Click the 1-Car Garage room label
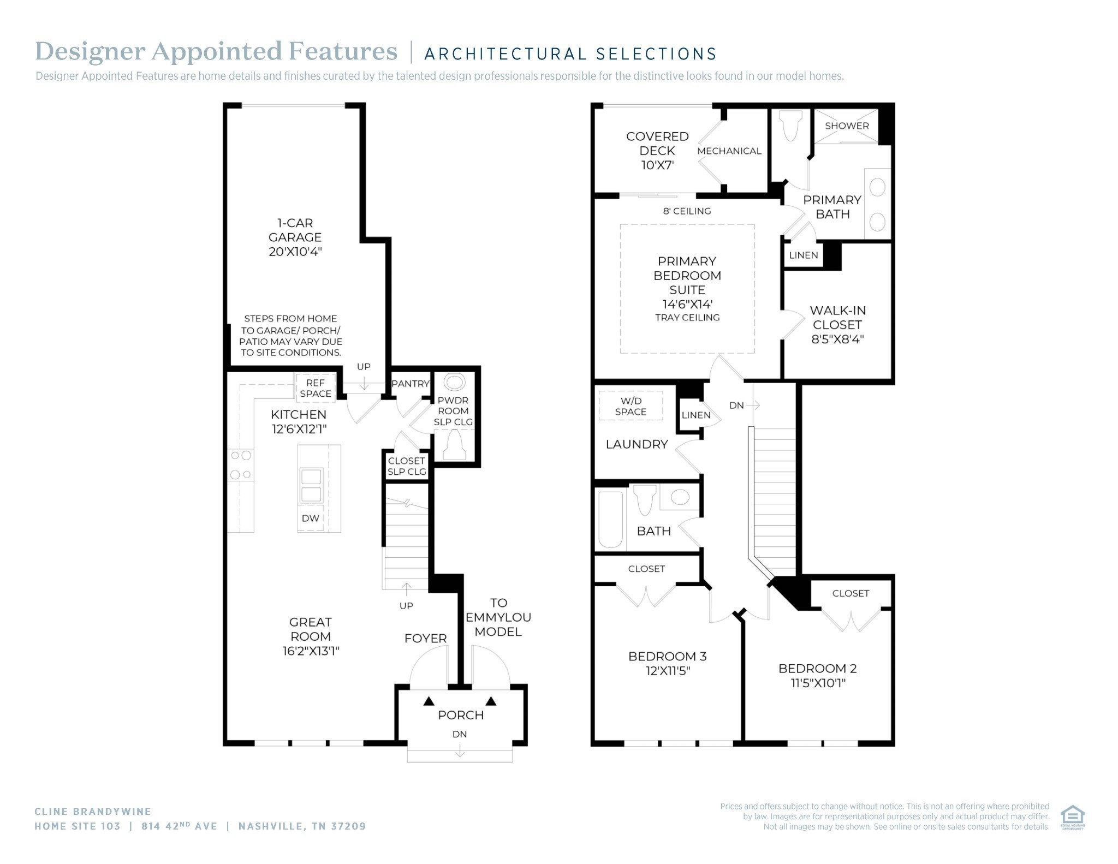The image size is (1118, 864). point(295,237)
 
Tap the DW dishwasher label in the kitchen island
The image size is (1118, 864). point(310,518)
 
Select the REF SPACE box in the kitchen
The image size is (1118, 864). point(316,388)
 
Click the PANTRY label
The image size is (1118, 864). point(411,384)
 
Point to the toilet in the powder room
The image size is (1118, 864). point(454,445)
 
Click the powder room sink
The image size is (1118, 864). point(454,382)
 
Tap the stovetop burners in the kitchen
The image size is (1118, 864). point(240,464)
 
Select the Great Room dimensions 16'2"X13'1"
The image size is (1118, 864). point(311,651)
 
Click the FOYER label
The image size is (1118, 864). point(425,638)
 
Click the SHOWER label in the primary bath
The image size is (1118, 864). point(847,126)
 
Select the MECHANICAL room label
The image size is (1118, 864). point(729,151)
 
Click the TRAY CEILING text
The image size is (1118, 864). point(687,318)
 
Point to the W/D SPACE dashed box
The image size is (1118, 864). point(631,406)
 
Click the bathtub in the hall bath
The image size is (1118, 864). point(610,520)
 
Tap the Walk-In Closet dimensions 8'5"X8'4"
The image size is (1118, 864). point(837,339)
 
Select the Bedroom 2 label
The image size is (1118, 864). point(818,668)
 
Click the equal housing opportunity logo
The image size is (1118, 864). point(1072,818)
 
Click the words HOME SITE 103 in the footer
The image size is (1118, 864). point(78,826)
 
